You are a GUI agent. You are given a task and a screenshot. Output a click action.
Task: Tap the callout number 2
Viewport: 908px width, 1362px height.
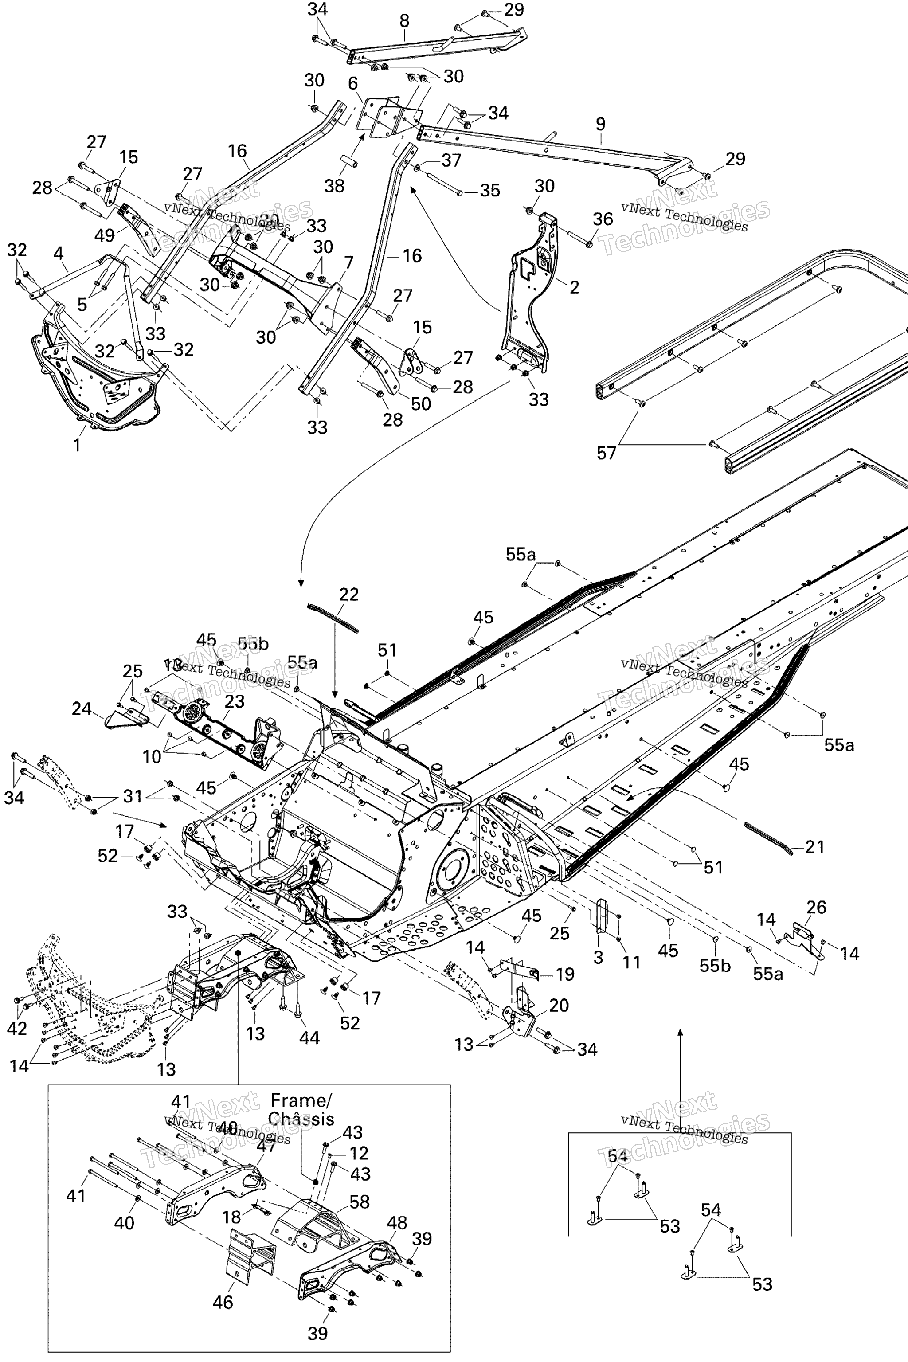(574, 287)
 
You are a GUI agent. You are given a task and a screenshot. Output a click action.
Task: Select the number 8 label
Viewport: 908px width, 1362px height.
(404, 21)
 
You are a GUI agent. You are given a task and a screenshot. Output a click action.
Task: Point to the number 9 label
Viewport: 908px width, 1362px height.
(600, 124)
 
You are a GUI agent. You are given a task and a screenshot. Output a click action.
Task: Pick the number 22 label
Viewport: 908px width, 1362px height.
(348, 595)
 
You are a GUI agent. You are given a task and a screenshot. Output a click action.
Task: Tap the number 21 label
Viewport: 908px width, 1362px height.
(815, 847)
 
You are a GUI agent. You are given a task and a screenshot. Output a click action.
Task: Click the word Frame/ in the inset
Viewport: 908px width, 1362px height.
(301, 1100)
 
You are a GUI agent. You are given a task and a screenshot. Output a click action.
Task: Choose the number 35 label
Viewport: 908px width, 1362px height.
(490, 191)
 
